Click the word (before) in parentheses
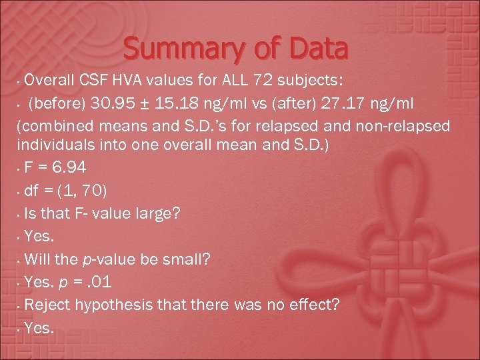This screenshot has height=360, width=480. [53, 104]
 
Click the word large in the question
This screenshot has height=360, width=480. [145, 215]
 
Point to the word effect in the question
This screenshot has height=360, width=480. [312, 305]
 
